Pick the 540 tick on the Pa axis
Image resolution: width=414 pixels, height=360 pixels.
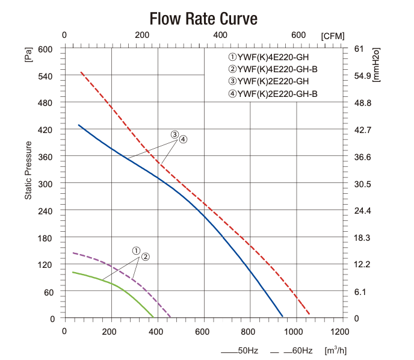coord(46,76)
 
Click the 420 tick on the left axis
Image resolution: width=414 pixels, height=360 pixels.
coord(46,130)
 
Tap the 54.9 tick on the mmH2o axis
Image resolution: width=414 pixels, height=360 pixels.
coord(361,76)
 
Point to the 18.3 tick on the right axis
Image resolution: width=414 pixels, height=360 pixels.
coord(361,238)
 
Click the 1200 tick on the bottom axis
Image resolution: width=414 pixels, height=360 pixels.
coord(340,331)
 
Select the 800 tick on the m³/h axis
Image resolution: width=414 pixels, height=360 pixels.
coord(249,331)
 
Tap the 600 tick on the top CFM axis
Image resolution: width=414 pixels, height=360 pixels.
coord(298,35)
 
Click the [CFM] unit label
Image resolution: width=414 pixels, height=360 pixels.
coord(333,36)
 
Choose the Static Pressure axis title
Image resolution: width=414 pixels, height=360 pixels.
coord(28,170)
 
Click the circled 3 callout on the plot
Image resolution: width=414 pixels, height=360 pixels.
coord(175,134)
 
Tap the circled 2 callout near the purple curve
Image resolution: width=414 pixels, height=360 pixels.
coord(145,256)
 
